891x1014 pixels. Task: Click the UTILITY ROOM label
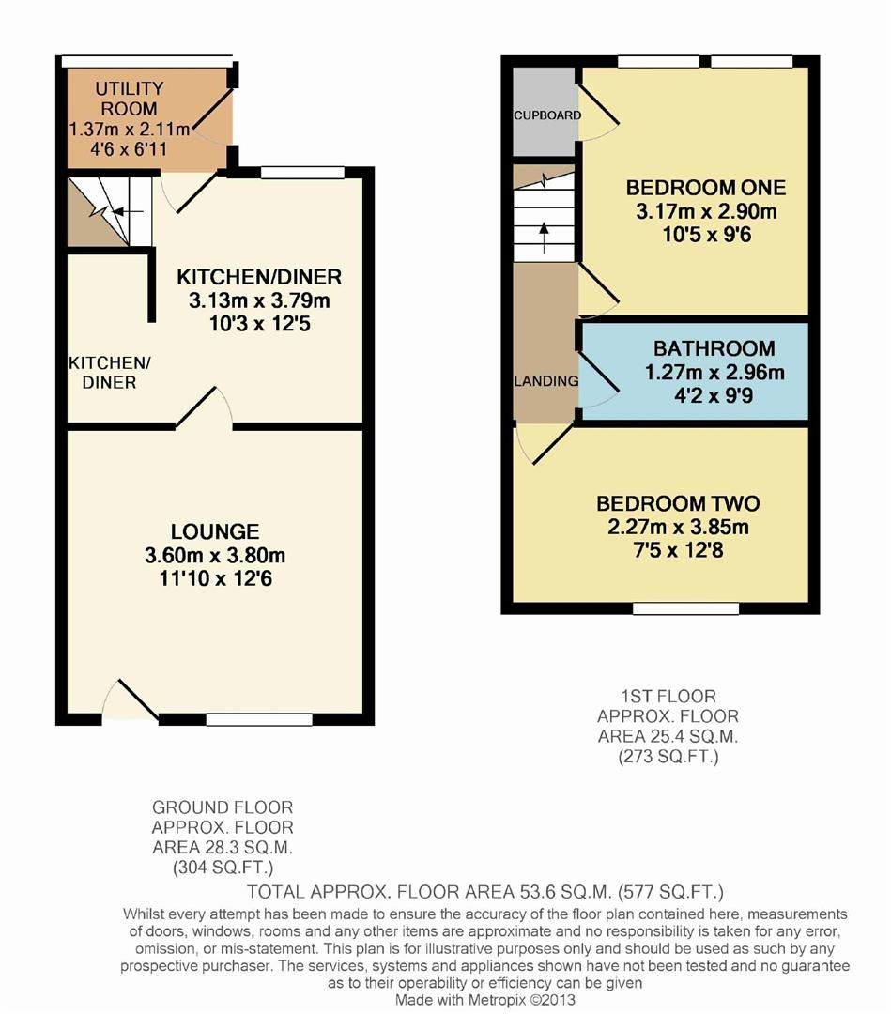[130, 99]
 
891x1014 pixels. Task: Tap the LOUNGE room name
[215, 531]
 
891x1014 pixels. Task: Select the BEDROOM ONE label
[693, 185]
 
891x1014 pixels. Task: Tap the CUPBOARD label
[547, 115]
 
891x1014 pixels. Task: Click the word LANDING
[545, 381]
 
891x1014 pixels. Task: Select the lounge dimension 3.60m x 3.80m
[215, 555]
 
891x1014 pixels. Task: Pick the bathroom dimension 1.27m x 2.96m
[714, 372]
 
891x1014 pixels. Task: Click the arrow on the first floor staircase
[544, 234]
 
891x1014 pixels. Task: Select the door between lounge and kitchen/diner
[205, 408]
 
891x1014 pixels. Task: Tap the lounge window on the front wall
[259, 720]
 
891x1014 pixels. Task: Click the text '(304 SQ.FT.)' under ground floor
[223, 868]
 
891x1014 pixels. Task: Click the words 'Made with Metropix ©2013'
[484, 1000]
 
